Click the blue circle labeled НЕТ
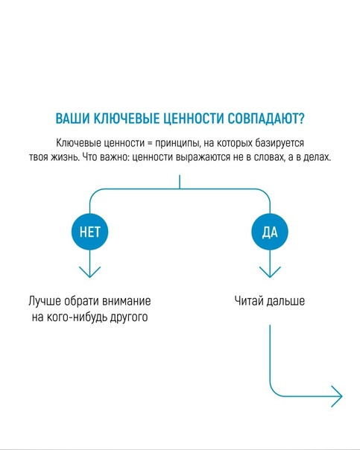pos(90,232)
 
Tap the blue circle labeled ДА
pos(270,232)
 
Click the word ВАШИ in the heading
pos(72,118)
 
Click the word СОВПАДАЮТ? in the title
pos(266,118)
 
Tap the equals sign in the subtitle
pos(150,143)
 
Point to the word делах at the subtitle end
pos(316,157)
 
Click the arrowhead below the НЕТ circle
pos(90,272)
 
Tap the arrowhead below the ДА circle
pos(270,272)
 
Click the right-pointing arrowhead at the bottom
pos(337,396)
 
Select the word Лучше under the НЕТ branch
pos(45,301)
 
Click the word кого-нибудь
pos(72,317)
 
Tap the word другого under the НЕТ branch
pos(124,317)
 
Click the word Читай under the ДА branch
pos(249,301)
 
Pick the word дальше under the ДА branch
pos(285,301)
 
